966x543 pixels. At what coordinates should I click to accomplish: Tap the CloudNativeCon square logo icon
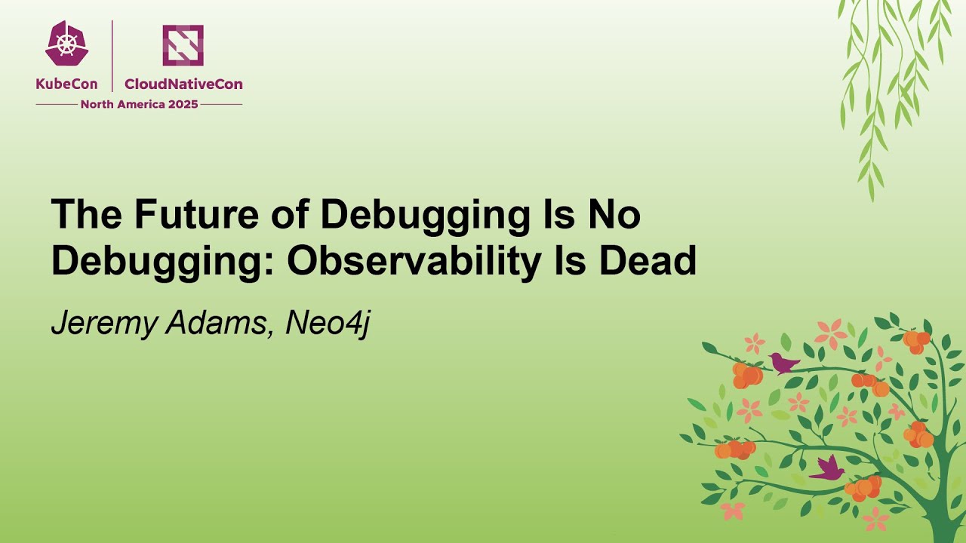click(x=183, y=44)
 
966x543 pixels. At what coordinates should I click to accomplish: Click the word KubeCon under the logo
click(x=66, y=84)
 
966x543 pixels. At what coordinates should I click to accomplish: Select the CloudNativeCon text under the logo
click(x=183, y=84)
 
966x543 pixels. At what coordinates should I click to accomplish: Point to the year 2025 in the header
click(x=183, y=104)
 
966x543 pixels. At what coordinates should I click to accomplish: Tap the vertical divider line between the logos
click(x=112, y=56)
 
